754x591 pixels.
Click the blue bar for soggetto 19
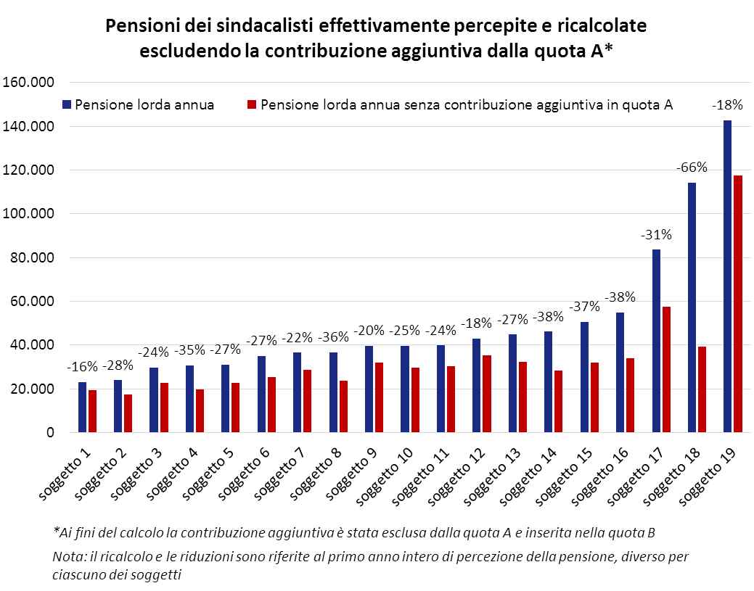click(x=727, y=276)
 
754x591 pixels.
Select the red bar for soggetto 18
click(x=702, y=389)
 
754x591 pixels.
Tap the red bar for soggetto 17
click(x=666, y=369)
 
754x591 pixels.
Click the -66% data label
click(x=692, y=168)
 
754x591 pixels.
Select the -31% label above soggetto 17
click(x=656, y=234)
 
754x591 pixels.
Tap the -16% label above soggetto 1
click(x=82, y=366)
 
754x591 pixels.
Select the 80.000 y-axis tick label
click(x=33, y=257)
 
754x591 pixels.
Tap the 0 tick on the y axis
click(x=50, y=433)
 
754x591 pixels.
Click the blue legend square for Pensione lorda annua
click(x=67, y=104)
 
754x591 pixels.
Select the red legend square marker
click(x=253, y=104)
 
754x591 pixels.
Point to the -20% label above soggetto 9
click(x=369, y=331)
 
